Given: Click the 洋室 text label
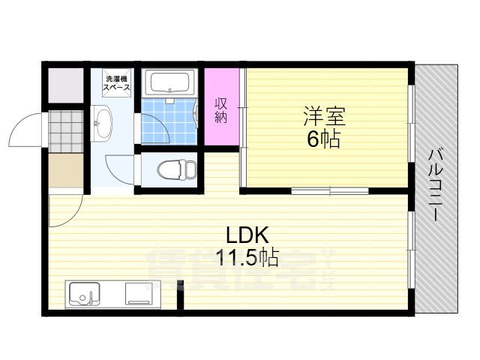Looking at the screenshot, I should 324,118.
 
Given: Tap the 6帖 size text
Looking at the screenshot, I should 324,139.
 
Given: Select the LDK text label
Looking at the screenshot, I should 238,234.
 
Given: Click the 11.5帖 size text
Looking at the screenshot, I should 247,259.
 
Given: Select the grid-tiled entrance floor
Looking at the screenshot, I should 64,130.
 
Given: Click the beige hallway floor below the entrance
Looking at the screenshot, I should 64,172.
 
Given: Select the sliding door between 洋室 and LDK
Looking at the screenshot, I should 330,192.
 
